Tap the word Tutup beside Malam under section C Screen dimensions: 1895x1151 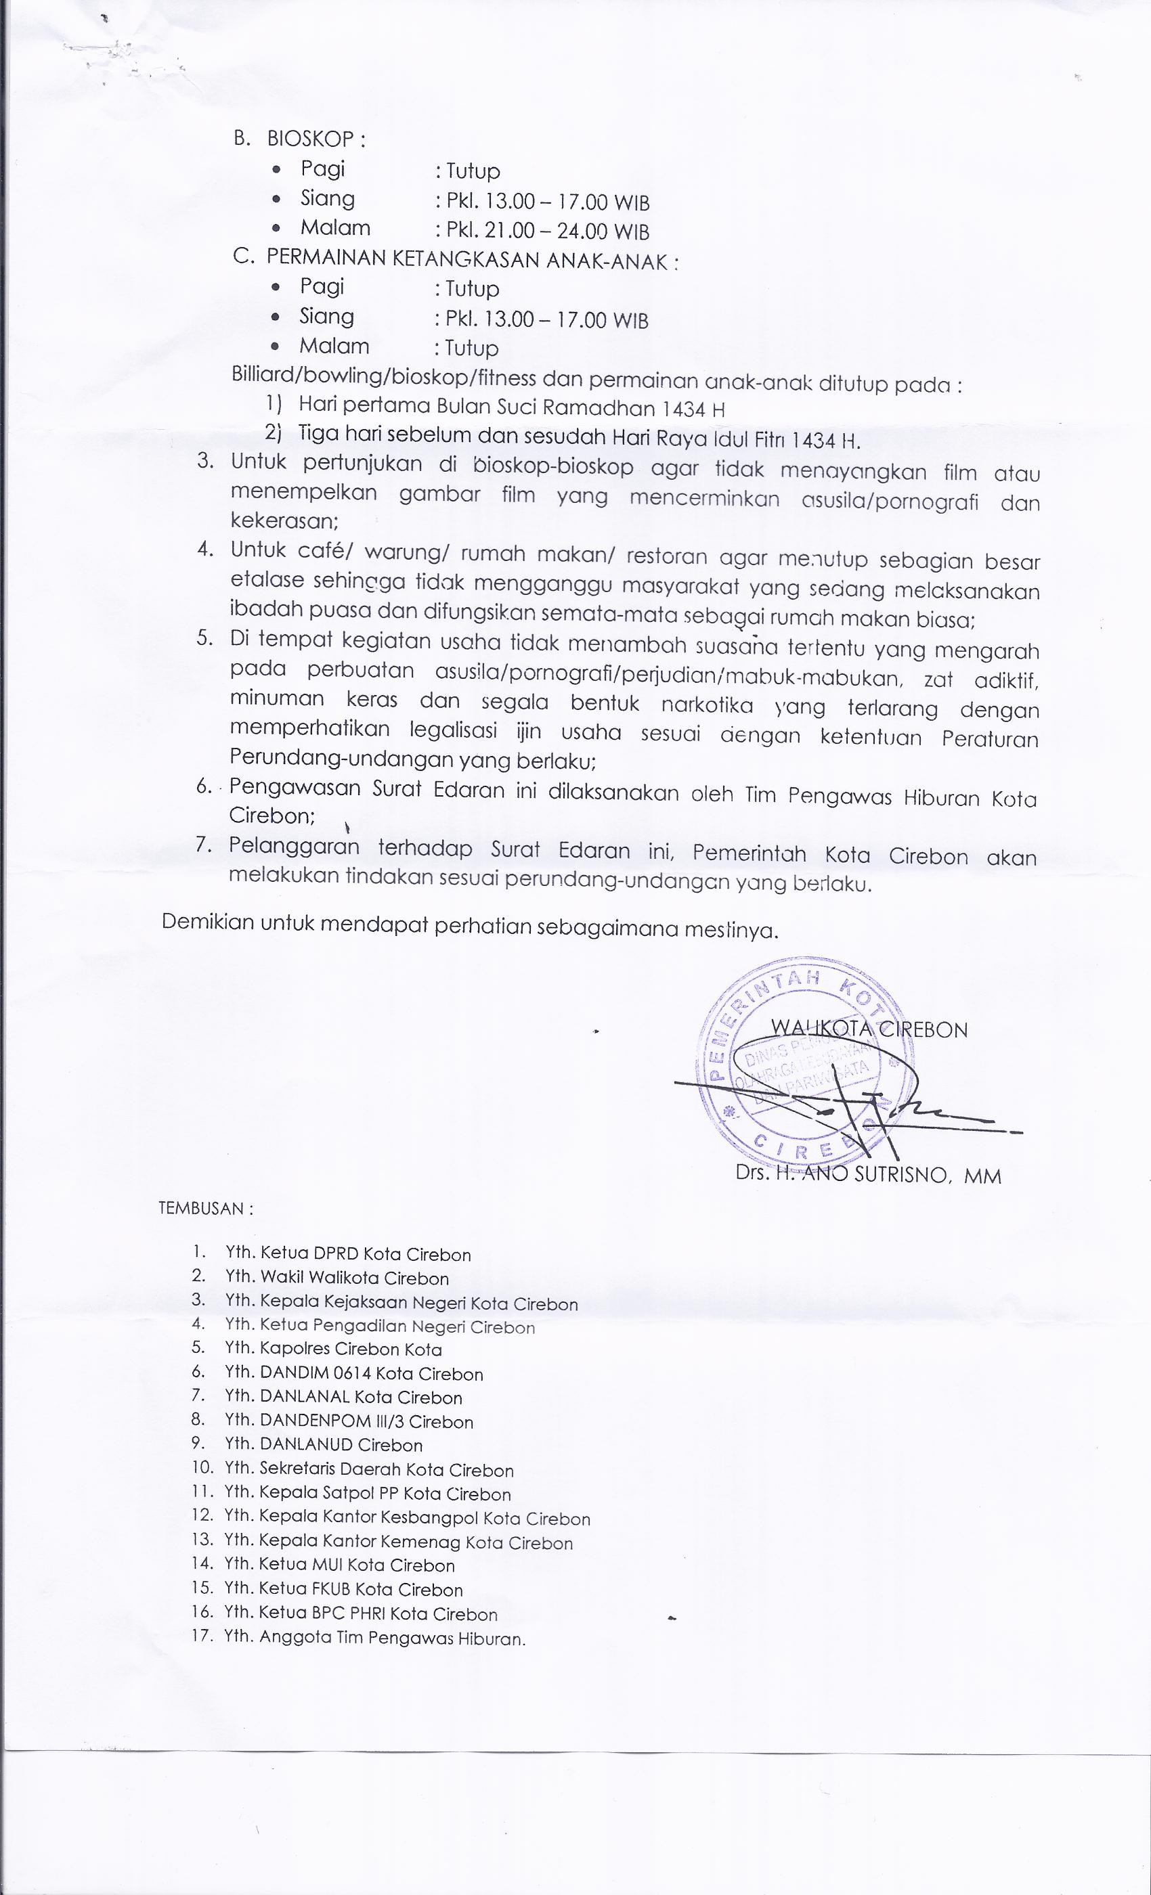pos(472,349)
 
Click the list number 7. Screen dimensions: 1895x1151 pos(203,845)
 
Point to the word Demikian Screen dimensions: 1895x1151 pos(207,922)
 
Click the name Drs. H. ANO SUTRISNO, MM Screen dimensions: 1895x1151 pos(868,1175)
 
